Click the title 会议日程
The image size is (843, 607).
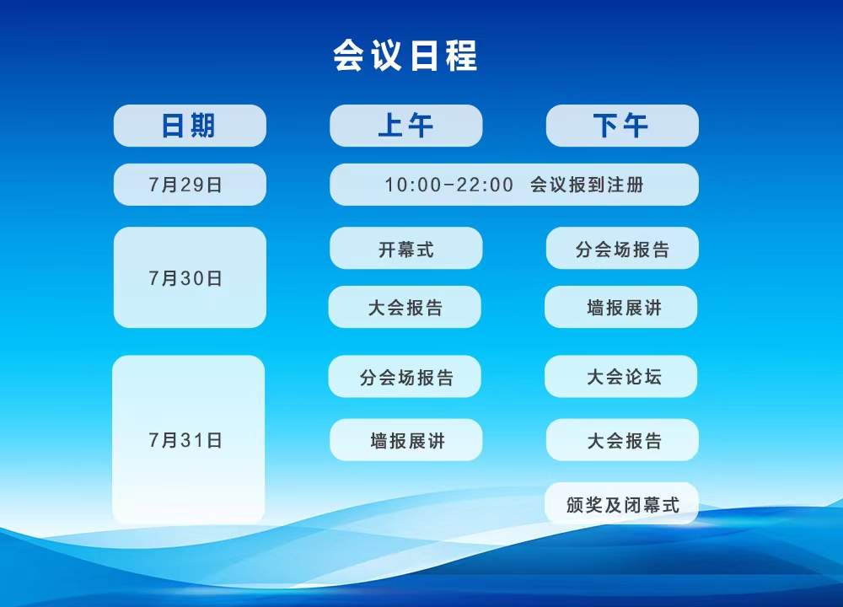click(405, 55)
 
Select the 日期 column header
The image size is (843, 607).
click(190, 126)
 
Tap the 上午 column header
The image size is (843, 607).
click(406, 126)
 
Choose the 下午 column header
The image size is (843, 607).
click(622, 126)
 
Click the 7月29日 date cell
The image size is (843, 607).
click(190, 185)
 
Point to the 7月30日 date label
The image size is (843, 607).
click(185, 278)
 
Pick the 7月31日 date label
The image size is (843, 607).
click(185, 440)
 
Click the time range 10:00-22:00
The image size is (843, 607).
click(449, 185)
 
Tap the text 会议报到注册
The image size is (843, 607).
click(587, 185)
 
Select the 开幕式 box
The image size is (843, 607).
click(406, 248)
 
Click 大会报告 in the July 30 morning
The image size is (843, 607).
click(405, 307)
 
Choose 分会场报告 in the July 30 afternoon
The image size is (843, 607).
click(622, 248)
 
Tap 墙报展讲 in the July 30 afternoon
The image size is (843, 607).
click(621, 307)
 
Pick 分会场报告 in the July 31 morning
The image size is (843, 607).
click(405, 376)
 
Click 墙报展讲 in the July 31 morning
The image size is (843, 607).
click(406, 440)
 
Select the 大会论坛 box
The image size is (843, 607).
click(621, 376)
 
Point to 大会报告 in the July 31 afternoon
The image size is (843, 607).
click(622, 440)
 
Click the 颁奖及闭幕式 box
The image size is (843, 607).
click(622, 503)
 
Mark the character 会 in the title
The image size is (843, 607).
click(349, 55)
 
